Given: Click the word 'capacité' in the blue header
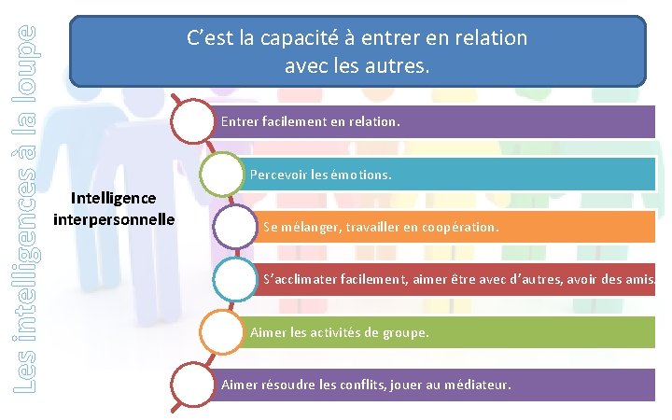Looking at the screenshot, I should coord(298,38).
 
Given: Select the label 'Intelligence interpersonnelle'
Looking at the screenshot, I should coord(114,208).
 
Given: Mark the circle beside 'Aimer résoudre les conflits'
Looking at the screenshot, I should coord(197,385).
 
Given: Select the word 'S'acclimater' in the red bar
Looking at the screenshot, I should coord(301,279).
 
